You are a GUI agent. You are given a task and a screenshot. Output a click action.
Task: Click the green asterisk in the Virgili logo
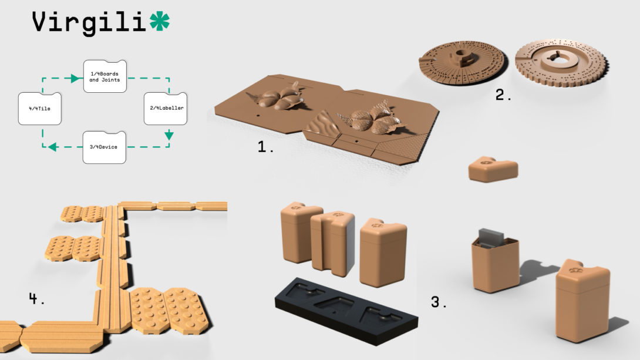(x=159, y=21)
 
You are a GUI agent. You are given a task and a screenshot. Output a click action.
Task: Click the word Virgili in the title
(x=89, y=23)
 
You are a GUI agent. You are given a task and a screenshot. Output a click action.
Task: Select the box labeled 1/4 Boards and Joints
(x=105, y=76)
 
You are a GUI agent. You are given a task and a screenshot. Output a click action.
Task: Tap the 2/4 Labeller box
(x=166, y=108)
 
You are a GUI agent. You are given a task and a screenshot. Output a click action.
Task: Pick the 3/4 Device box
(x=104, y=147)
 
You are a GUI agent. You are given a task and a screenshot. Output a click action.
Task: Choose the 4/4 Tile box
(x=39, y=109)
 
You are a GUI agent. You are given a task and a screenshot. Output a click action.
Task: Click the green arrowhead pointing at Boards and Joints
(x=76, y=78)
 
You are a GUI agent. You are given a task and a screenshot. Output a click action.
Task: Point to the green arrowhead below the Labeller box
(x=169, y=136)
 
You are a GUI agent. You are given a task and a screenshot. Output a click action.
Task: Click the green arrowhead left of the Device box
(x=52, y=147)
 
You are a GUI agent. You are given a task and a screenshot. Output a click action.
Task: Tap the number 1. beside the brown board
(x=265, y=147)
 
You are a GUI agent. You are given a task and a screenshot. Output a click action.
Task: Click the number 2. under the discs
(x=503, y=95)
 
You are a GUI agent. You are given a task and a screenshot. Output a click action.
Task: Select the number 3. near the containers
(x=439, y=302)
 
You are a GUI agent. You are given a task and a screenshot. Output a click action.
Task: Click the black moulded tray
(x=346, y=311)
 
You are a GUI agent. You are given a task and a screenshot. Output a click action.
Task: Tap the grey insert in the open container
(x=491, y=237)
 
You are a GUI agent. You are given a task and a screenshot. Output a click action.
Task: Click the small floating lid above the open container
(x=493, y=169)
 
